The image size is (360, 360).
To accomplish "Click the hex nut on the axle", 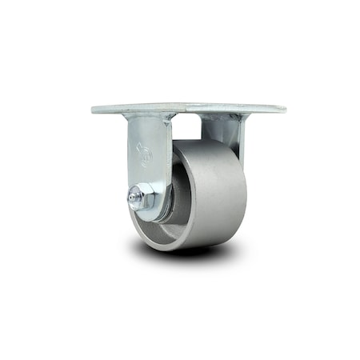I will [145, 196].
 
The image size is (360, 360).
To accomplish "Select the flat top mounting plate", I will [189, 106].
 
